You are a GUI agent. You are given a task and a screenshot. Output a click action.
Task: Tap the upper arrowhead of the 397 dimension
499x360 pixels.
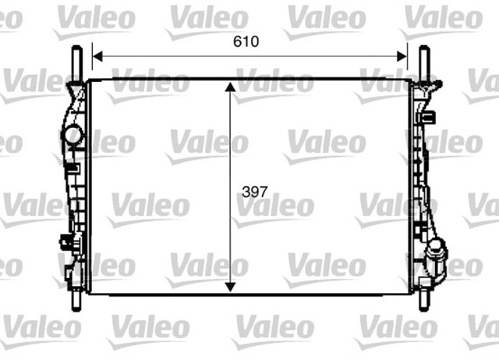coord(230,86)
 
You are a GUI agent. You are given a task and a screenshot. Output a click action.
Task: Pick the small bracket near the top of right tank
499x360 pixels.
coord(428,116)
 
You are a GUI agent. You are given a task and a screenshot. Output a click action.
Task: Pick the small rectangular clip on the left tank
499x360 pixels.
coord(73,167)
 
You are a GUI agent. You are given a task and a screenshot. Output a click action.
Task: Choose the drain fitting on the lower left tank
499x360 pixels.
coord(66,242)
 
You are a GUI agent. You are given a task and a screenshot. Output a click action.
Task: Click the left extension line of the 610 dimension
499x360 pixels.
coord(93,62)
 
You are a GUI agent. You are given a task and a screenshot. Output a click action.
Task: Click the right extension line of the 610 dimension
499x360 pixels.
coord(407,62)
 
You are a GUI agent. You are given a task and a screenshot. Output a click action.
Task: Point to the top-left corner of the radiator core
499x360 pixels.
coord(90,79)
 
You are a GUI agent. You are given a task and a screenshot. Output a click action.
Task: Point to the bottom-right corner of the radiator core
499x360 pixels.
coord(409,293)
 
